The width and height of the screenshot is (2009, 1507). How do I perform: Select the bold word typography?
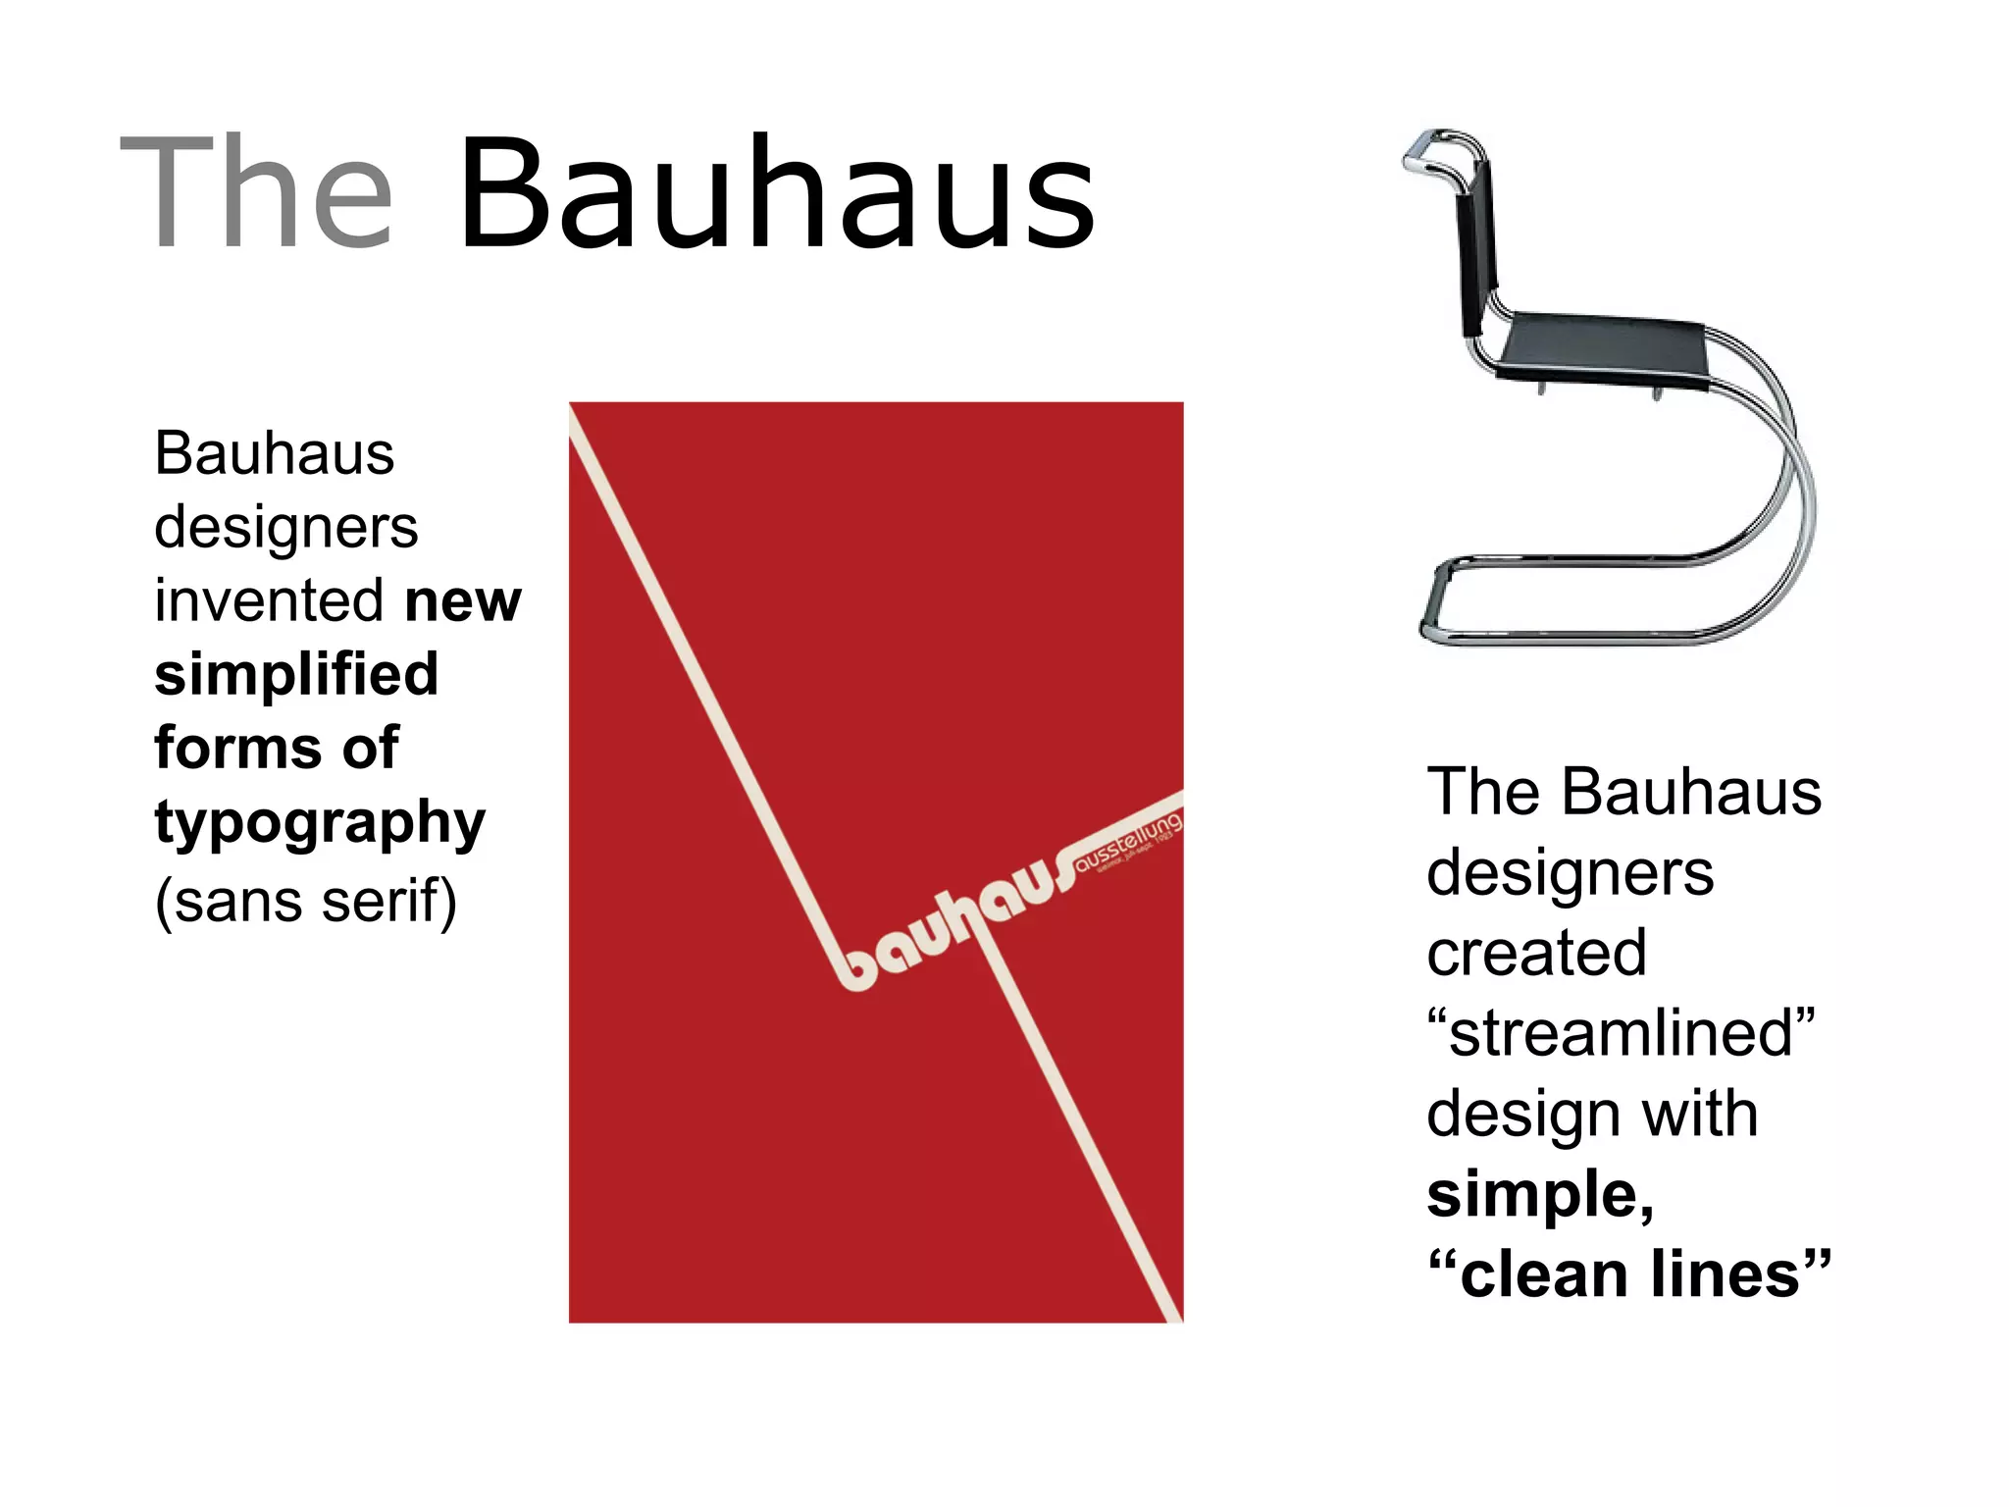pos(320,823)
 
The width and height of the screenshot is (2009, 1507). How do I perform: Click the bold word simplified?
pos(296,675)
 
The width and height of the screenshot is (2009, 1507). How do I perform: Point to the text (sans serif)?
pos(306,901)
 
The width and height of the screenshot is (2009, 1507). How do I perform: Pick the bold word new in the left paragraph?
pos(463,600)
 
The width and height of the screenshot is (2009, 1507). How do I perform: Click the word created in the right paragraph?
pos(1536,953)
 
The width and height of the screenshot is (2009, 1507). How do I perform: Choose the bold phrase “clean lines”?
pos(1629,1274)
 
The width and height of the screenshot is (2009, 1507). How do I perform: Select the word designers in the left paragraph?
pos(286,528)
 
